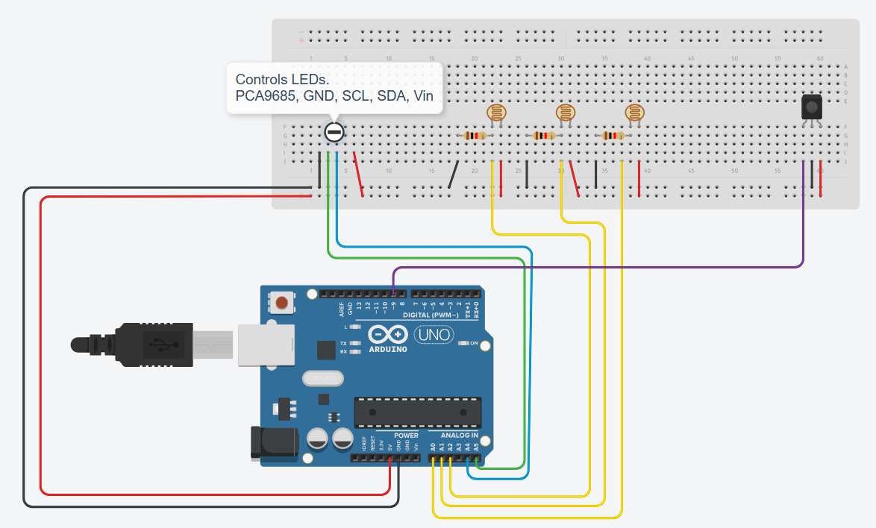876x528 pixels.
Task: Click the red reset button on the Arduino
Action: click(281, 303)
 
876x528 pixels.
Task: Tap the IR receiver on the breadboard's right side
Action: click(811, 107)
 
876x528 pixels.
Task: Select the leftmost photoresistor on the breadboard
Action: click(495, 113)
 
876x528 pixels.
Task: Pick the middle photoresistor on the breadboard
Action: click(566, 113)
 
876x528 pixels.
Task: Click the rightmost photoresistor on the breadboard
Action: click(634, 113)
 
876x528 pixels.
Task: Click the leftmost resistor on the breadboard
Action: click(475, 136)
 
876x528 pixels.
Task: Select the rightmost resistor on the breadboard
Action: click(613, 136)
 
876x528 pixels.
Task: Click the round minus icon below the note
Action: click(334, 133)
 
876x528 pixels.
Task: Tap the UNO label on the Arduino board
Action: click(434, 335)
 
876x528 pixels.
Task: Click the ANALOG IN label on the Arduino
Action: click(459, 435)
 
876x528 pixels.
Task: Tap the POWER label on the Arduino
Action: click(406, 435)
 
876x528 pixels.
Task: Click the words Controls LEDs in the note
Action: click(282, 79)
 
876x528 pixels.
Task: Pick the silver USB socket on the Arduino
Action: click(264, 344)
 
